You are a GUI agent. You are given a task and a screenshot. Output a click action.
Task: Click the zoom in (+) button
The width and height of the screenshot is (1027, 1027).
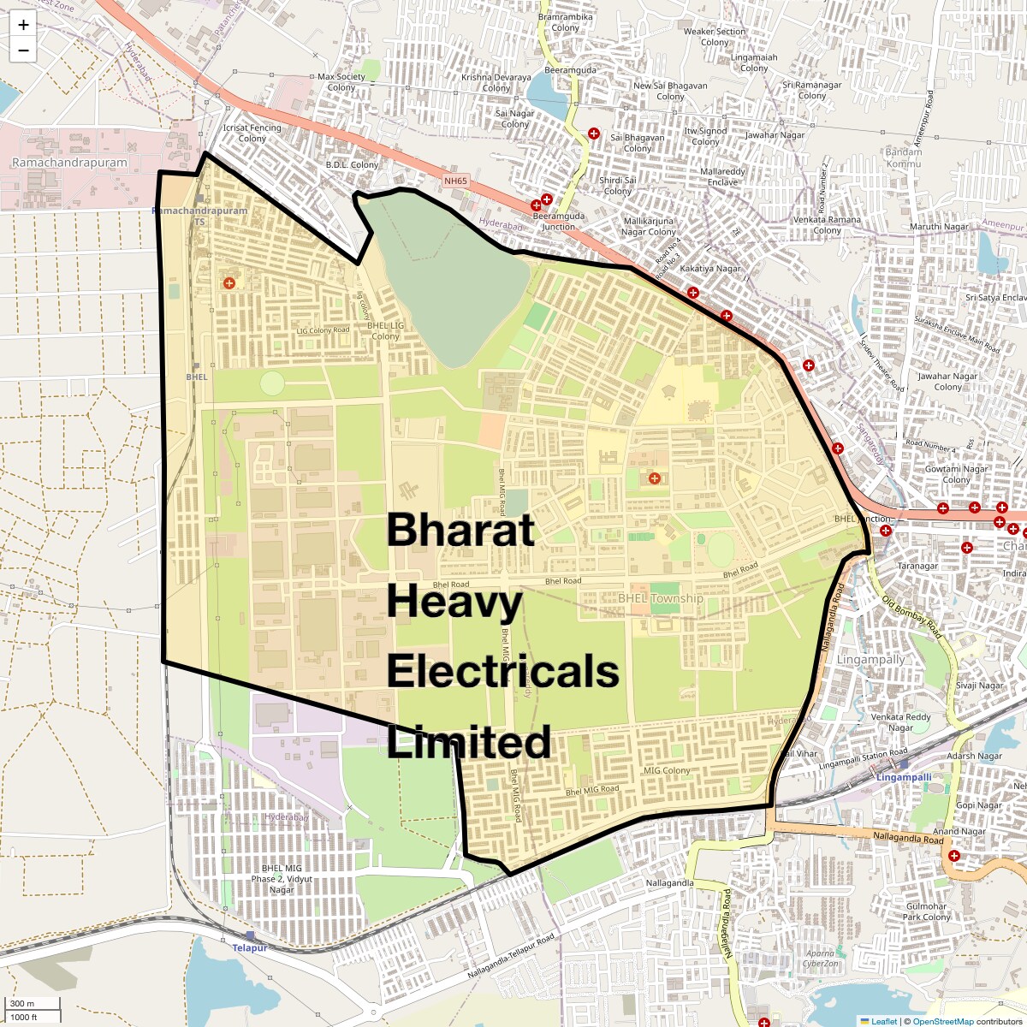click(23, 26)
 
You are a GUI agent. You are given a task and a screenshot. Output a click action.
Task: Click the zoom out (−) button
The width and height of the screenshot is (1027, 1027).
click(23, 50)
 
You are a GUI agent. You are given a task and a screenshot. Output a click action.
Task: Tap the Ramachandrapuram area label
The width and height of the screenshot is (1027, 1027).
click(69, 163)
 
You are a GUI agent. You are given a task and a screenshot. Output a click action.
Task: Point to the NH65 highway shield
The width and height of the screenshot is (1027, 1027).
click(456, 181)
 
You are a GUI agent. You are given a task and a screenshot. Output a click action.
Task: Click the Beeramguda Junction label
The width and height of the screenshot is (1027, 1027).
click(558, 222)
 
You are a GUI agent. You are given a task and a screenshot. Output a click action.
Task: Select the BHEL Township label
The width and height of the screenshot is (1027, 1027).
click(660, 599)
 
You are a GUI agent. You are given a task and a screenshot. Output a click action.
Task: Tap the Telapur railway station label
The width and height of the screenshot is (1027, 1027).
click(250, 948)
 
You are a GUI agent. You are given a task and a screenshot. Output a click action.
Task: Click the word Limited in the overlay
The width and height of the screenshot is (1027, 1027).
click(468, 742)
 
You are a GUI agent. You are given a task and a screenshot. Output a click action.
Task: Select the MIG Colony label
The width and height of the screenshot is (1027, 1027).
click(667, 770)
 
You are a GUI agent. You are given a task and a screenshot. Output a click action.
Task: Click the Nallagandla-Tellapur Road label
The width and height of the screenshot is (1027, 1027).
click(511, 957)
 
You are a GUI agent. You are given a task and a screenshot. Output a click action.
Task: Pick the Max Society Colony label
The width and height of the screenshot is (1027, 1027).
click(341, 82)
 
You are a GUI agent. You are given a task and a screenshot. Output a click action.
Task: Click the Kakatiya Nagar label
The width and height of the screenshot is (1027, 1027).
click(710, 269)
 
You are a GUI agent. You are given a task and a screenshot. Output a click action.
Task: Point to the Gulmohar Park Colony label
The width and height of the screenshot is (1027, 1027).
click(926, 911)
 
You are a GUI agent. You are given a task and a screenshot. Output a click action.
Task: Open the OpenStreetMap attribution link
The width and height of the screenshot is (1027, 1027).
click(942, 1021)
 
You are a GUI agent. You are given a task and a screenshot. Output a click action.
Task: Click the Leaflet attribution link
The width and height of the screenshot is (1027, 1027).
click(883, 1021)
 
